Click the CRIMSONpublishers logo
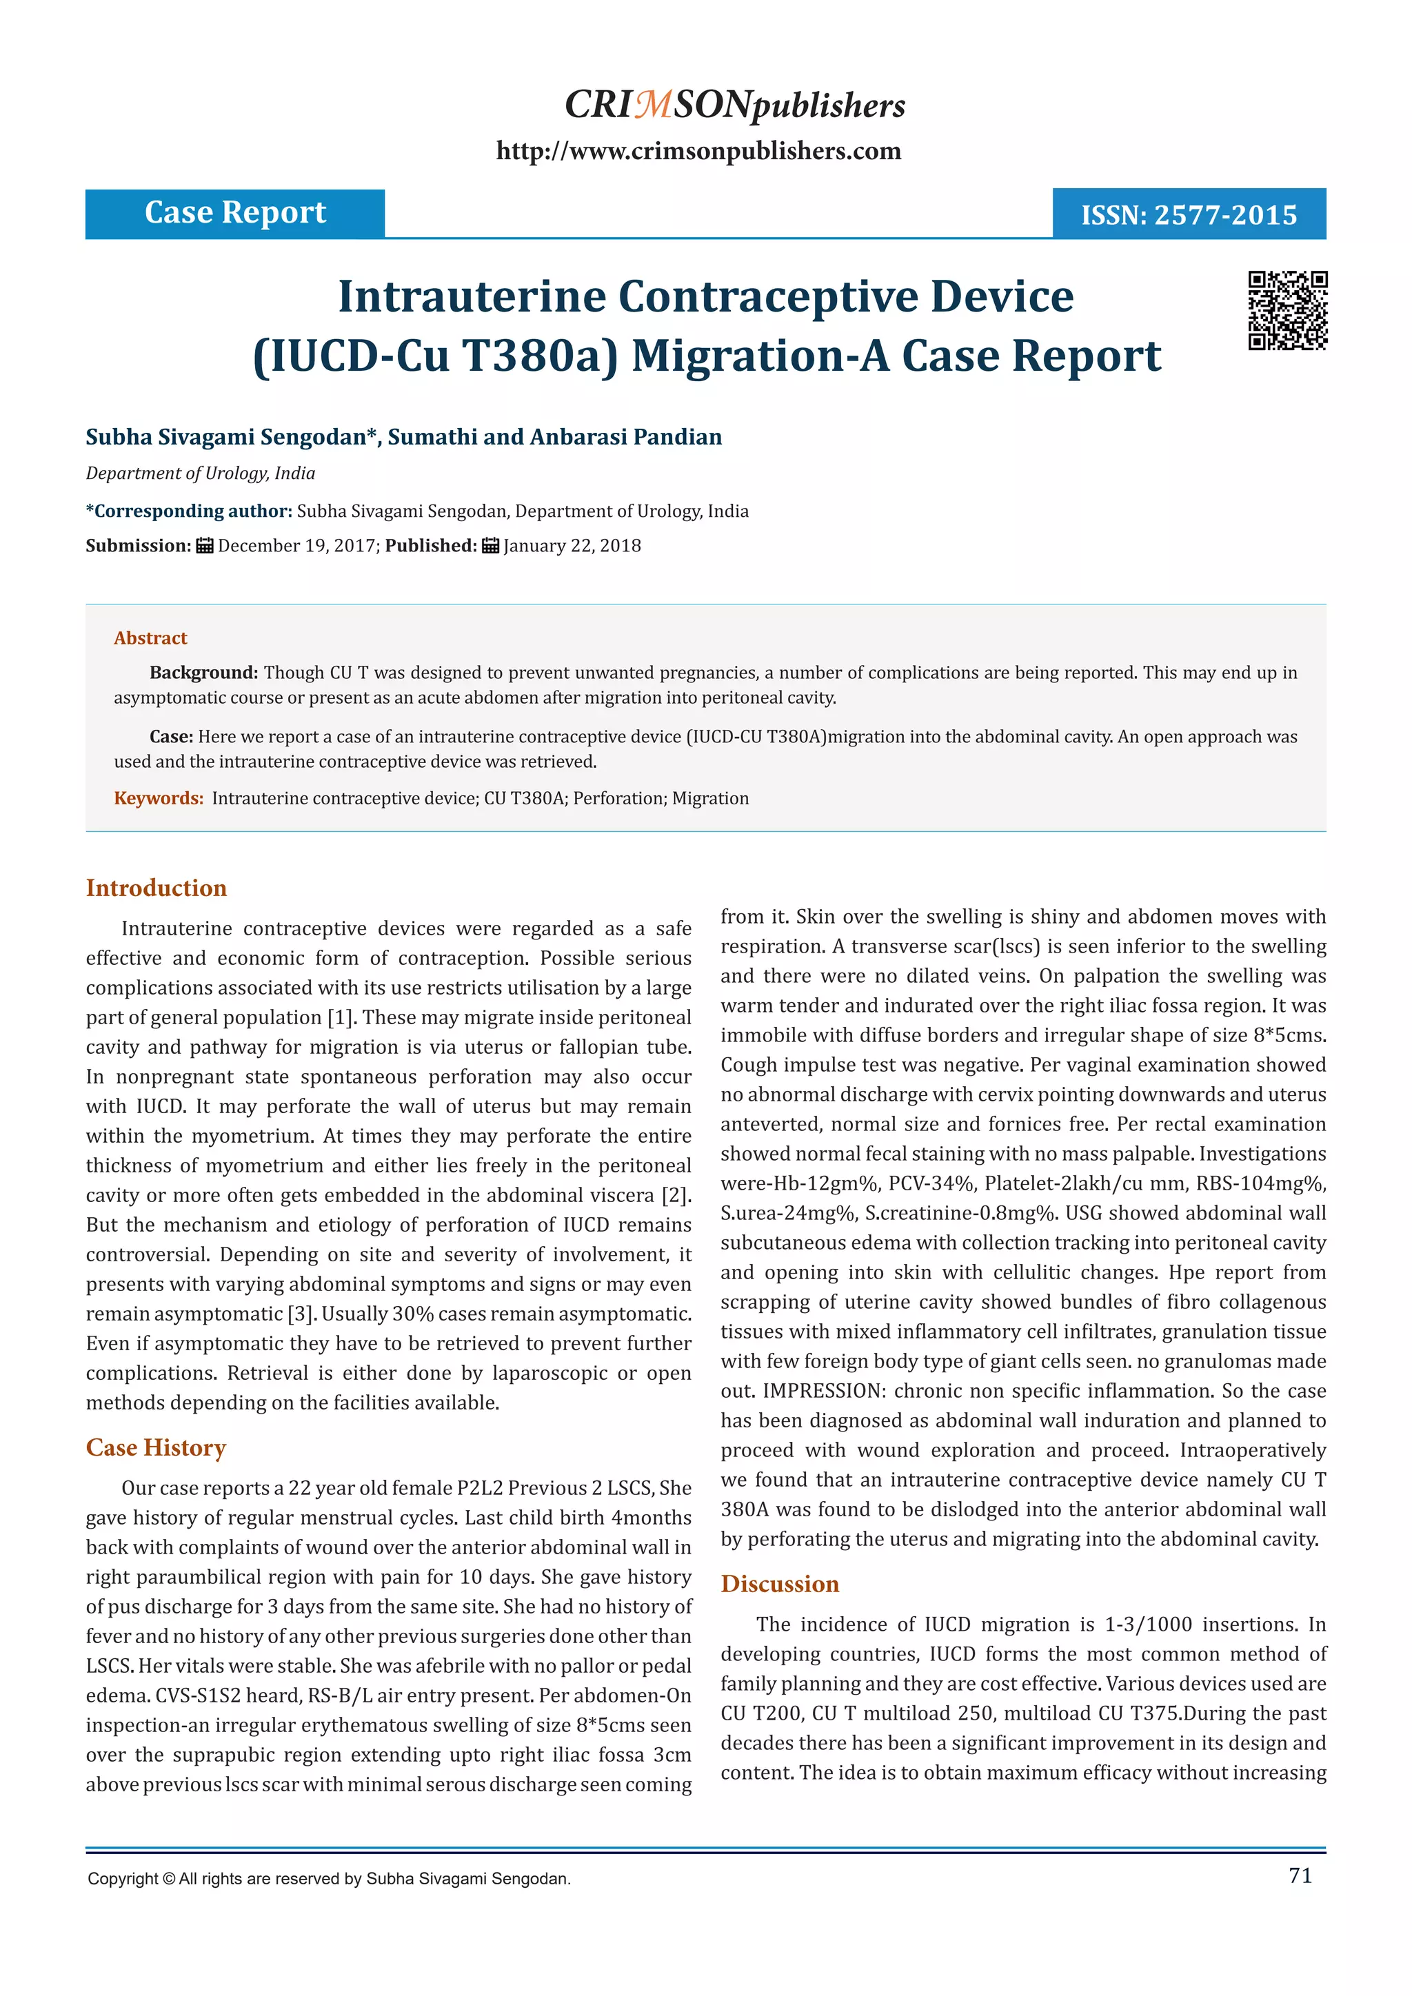[x=735, y=105]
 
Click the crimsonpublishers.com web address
[x=698, y=151]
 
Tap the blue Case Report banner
[x=234, y=213]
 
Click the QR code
[x=1288, y=310]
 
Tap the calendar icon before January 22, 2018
[x=490, y=546]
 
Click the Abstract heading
[x=150, y=638]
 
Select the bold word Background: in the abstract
[x=203, y=673]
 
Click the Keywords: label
[x=159, y=799]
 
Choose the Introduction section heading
[x=157, y=888]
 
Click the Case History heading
[x=156, y=1447]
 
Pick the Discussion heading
[x=780, y=1584]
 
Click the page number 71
[x=1300, y=1875]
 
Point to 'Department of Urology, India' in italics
[x=200, y=473]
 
